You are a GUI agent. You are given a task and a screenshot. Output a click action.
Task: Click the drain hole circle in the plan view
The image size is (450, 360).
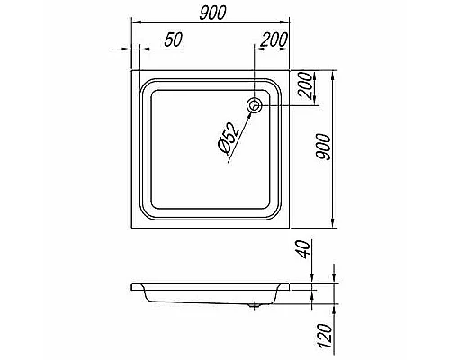[x=256, y=105]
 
